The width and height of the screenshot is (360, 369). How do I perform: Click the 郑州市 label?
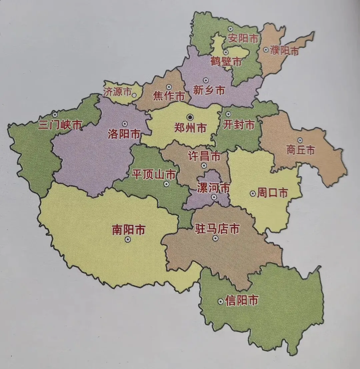coord(190,128)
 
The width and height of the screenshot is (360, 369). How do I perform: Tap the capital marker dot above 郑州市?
coord(190,117)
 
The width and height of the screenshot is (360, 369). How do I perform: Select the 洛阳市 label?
coord(124,134)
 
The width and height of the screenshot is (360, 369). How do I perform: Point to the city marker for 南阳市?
coord(127,239)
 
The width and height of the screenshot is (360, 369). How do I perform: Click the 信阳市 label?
coord(242,301)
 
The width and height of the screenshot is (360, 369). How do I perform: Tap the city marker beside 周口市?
coord(252,194)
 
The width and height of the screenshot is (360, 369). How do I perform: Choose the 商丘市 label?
coord(300,150)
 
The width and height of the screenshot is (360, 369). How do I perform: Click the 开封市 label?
coord(239,125)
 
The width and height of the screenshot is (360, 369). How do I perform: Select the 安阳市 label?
coord(243,39)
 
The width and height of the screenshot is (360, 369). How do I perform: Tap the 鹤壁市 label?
coord(226,61)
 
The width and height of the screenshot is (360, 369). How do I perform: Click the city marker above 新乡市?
coord(206,80)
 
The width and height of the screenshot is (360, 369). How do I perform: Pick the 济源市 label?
coord(117,92)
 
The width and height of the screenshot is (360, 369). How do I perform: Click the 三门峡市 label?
coord(60,125)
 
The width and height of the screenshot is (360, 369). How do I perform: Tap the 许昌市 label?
coord(204,156)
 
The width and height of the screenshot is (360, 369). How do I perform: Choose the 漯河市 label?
coord(213,188)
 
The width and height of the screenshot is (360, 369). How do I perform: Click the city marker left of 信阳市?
coord(220,301)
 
